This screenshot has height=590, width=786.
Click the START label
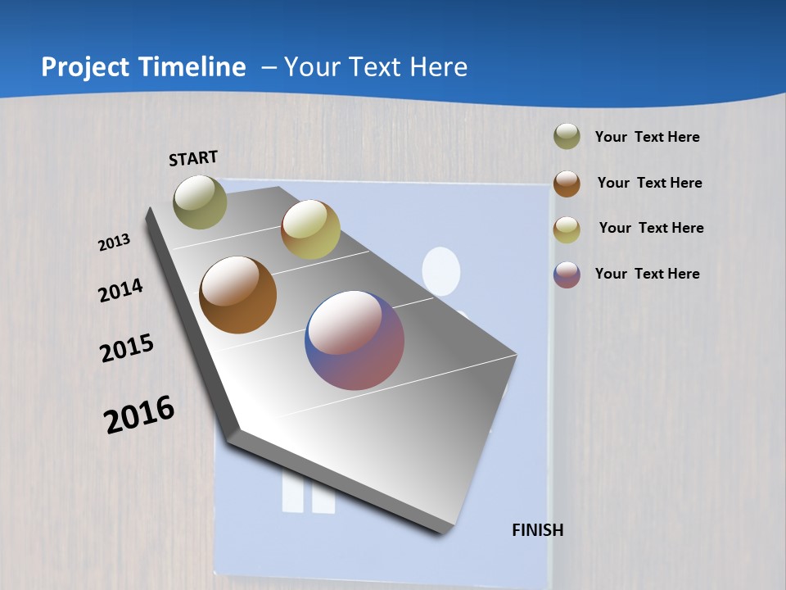[x=193, y=158]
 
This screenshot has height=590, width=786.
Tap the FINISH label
[x=538, y=530]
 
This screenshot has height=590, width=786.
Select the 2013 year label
[x=115, y=242]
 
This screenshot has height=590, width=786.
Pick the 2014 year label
[x=121, y=290]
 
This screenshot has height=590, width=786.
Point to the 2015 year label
[x=127, y=348]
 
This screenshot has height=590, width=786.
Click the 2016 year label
[x=139, y=414]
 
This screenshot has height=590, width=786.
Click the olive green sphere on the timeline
[x=201, y=202]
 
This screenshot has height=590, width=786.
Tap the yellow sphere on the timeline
[x=310, y=229]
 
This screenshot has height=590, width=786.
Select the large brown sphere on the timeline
[x=238, y=295]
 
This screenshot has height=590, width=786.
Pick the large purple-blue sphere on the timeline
[x=355, y=339]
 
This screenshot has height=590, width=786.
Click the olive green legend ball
[x=567, y=137]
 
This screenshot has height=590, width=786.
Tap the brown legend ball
[x=567, y=184]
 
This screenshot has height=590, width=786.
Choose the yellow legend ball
[x=567, y=229]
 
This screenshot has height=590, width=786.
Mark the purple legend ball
[x=567, y=275]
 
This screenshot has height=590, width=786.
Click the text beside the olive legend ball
[x=647, y=137]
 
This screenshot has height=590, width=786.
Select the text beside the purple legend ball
[x=647, y=274]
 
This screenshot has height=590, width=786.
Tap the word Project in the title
[x=85, y=67]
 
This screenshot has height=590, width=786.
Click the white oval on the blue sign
[x=441, y=271]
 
